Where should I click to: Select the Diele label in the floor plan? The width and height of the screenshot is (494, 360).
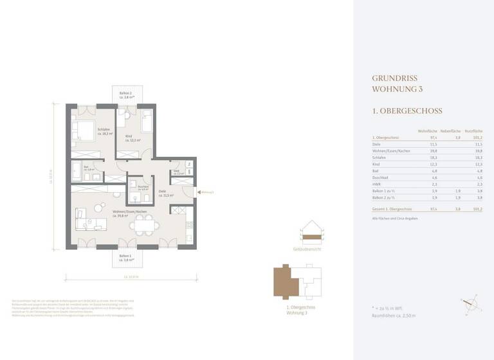[x=163, y=190]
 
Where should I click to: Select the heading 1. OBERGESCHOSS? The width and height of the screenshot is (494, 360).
[x=407, y=111]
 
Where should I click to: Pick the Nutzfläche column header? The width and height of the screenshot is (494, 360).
[x=473, y=130]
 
